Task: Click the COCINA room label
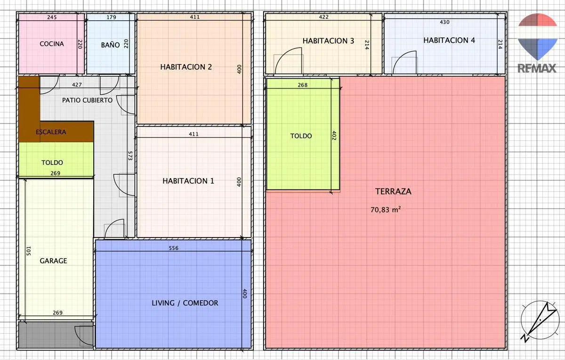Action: (x=52, y=44)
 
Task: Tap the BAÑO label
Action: (x=110, y=45)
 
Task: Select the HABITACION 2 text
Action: (x=186, y=67)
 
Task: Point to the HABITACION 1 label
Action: (x=188, y=181)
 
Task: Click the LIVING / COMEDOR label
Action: (x=185, y=303)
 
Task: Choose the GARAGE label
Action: (x=53, y=261)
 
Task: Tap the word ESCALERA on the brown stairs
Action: (x=51, y=132)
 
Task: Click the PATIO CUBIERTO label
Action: (x=87, y=100)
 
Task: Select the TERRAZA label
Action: (x=393, y=191)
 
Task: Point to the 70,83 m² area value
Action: (x=386, y=210)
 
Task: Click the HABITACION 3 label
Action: (x=329, y=41)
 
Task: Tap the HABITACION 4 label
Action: (x=449, y=41)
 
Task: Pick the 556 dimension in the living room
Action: (x=174, y=248)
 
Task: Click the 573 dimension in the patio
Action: (x=130, y=156)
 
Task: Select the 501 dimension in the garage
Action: (x=29, y=251)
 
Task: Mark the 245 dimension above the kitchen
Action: (x=52, y=17)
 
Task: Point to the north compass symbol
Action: (x=540, y=320)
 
